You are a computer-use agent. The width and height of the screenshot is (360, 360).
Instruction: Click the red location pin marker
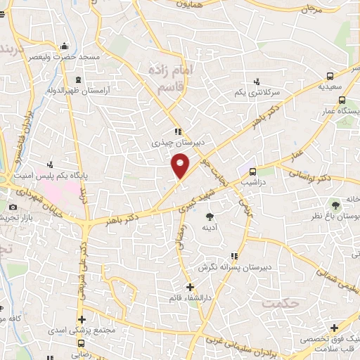181,165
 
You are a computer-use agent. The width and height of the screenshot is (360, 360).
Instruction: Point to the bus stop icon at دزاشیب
252,170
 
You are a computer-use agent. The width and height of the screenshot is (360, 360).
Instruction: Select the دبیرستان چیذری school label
179,141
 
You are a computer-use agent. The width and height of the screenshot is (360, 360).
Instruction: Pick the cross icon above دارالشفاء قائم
190,287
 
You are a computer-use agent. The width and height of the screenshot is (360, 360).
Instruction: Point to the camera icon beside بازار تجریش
13,207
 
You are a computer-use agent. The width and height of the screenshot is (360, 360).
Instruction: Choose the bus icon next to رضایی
81,344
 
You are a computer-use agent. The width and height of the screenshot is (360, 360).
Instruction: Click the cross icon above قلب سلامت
334,328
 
